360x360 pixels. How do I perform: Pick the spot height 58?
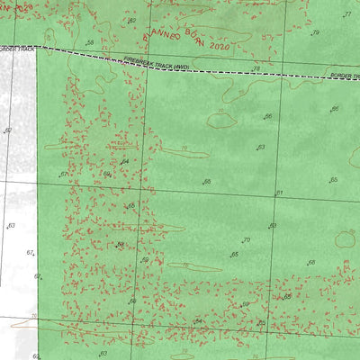[89, 42]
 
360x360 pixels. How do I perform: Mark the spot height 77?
[346, 14]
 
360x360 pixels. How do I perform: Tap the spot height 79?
[315, 32]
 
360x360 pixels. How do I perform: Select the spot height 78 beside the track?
[256, 67]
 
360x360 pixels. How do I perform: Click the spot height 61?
[280, 193]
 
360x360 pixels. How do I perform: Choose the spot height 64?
[125, 161]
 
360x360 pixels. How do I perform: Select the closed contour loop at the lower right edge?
[346, 238]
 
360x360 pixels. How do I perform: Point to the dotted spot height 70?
[245, 240]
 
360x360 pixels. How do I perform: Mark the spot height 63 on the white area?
[11, 226]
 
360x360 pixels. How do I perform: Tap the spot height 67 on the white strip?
[29, 254]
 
